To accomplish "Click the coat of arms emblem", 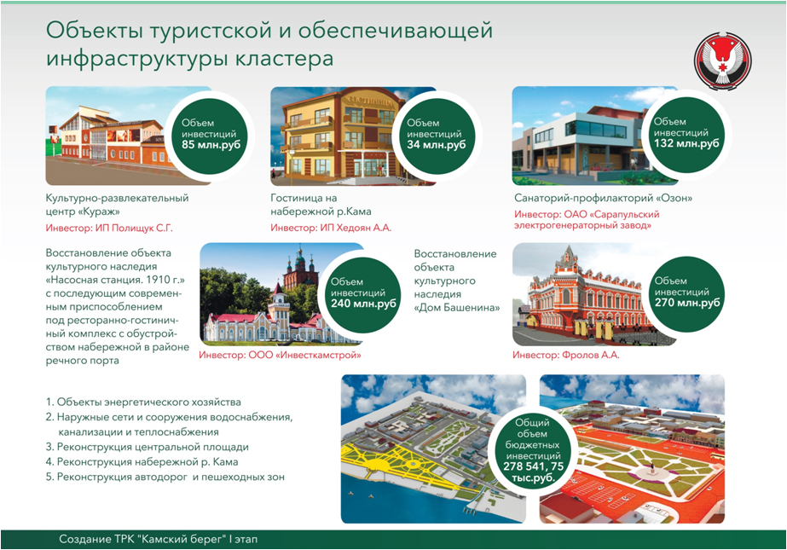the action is point(723,61).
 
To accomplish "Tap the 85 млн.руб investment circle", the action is point(211,135).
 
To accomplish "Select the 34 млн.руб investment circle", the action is point(437,135).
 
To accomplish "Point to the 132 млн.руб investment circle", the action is point(686,135).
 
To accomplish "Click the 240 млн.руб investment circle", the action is point(363,294).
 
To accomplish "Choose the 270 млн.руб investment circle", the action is point(686,293).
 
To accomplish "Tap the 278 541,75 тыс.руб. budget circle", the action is point(533,450).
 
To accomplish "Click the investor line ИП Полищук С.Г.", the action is point(109,229).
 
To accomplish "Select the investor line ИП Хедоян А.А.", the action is point(331,228).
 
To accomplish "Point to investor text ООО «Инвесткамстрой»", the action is point(280,356).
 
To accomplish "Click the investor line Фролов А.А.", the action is point(565,356).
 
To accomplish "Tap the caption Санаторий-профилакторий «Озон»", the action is point(604,198).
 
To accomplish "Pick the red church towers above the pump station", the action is point(299,270).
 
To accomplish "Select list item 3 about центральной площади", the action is point(147,447).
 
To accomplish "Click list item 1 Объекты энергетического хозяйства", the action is point(143,402).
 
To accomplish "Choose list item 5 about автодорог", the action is point(165,477).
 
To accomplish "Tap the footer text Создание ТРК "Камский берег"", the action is point(158,540).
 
